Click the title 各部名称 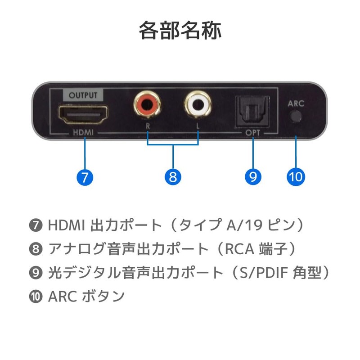tap(180, 31)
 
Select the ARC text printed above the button tap(296, 103)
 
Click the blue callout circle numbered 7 tap(85, 176)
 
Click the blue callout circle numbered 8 tap(173, 176)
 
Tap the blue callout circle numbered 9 tap(253, 176)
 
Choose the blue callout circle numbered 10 tap(296, 176)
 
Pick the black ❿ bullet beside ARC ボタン tap(38, 297)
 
